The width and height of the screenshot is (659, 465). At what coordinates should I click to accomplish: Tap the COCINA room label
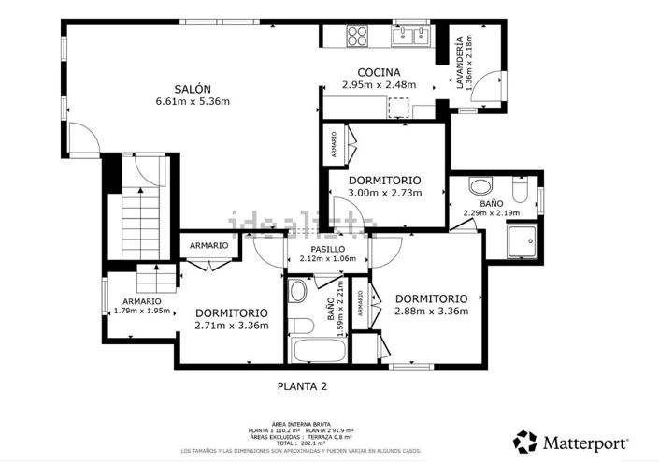tap(379, 72)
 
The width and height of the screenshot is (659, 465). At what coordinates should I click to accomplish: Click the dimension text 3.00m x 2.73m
tap(384, 193)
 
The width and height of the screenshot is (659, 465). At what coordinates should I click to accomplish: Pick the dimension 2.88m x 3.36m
tap(431, 312)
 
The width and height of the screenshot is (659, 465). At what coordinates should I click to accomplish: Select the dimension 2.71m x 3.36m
tap(231, 326)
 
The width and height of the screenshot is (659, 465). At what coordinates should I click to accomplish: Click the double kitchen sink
tap(409, 36)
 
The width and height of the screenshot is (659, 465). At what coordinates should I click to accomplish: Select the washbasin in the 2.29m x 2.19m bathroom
tap(479, 184)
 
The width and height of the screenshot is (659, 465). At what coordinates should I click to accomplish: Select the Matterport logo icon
tap(525, 441)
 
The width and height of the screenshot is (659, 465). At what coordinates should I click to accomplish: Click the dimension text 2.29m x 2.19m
tap(490, 212)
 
